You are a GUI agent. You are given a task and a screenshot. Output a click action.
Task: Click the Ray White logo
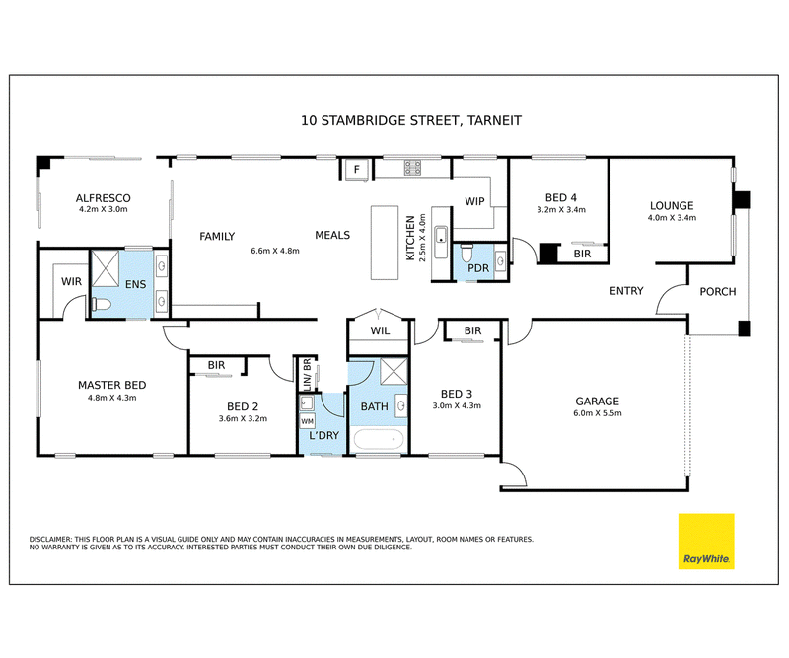point(706,542)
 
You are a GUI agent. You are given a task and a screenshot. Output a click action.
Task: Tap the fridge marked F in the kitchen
point(357,169)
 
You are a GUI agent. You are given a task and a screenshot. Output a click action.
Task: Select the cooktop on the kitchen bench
point(412,168)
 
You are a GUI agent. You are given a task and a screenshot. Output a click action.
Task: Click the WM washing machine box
point(307,421)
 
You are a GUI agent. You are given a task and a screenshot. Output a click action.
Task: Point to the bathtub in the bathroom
point(379,440)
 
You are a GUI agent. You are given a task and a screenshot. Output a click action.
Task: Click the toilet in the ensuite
point(102,304)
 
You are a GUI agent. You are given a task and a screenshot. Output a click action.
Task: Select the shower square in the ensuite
point(106,268)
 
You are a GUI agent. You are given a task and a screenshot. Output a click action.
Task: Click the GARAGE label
point(598,402)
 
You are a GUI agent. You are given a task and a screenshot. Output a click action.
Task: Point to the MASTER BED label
point(111,385)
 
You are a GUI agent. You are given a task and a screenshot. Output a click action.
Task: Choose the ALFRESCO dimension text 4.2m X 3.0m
point(104,209)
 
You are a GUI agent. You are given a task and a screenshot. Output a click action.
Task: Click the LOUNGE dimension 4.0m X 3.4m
point(672,218)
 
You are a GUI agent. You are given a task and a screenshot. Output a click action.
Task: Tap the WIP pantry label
point(474,201)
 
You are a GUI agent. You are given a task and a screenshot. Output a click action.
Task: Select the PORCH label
point(718,291)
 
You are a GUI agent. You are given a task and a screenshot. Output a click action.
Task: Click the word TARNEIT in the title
point(494,120)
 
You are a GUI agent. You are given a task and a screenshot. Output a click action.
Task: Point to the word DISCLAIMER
point(51,540)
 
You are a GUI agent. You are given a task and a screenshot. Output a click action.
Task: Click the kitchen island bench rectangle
point(385,243)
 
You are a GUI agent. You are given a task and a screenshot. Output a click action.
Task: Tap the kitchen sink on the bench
point(441,242)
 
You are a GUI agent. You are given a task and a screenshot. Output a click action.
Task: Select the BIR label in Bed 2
point(216,365)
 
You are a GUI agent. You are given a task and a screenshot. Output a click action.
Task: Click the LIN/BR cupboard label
point(307,375)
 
